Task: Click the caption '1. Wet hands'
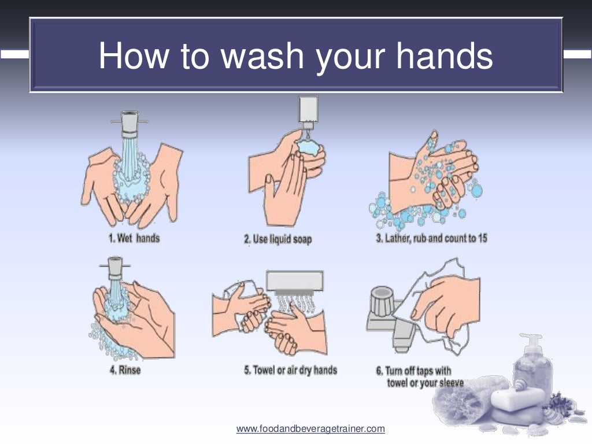pos(134,238)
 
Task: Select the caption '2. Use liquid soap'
pos(277,239)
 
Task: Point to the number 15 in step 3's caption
pos(482,238)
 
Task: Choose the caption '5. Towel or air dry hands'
pos(290,370)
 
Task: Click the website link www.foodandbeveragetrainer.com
pos(310,429)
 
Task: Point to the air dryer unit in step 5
pos(295,283)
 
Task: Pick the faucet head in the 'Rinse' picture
pos(114,268)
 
